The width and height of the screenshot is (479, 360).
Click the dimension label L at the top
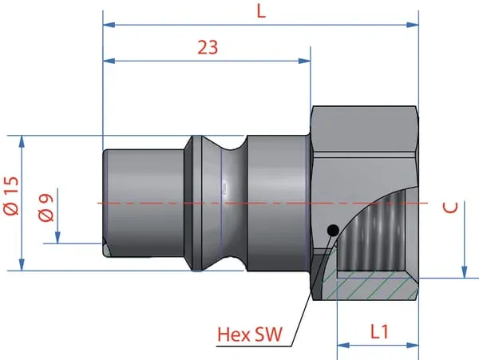[261, 12]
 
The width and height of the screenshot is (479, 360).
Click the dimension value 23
[208, 47]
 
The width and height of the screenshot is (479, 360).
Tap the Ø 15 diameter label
[11, 196]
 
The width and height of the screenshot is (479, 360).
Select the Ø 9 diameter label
[46, 208]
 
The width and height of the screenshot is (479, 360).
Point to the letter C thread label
[450, 208]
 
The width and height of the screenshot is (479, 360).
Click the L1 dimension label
[379, 332]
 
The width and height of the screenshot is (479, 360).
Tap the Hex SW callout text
[250, 334]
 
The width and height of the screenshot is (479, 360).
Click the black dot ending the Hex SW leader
[333, 230]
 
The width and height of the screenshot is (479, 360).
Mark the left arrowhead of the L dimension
[109, 25]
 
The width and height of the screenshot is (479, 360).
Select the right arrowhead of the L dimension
[413, 25]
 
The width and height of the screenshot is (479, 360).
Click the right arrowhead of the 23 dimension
[304, 61]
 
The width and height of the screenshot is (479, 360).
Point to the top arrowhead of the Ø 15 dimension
[22, 141]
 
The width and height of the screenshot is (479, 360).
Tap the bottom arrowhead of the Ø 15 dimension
[22, 264]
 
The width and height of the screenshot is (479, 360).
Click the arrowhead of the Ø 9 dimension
[57, 238]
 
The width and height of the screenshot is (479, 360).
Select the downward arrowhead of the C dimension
[465, 272]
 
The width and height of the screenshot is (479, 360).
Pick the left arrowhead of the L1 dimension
[343, 346]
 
